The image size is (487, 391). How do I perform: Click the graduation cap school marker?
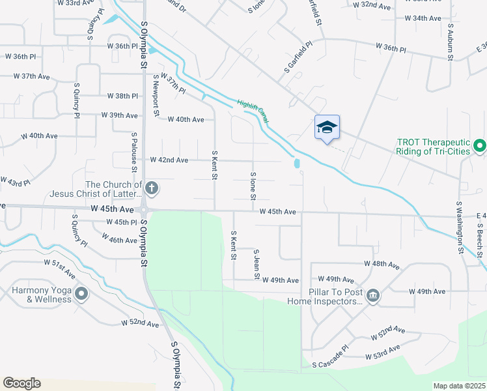pyautogui.click(x=327, y=126)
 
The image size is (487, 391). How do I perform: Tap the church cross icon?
pyautogui.click(x=151, y=189)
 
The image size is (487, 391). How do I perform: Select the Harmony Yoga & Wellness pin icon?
pyautogui.click(x=81, y=295)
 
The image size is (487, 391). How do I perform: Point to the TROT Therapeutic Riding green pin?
pyautogui.click(x=480, y=145)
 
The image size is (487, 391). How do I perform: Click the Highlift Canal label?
pyautogui.click(x=253, y=111)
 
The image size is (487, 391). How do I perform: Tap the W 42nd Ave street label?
pyautogui.click(x=169, y=160)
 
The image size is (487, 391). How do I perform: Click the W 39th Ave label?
pyautogui.click(x=120, y=115)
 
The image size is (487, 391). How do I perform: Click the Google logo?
pyautogui.click(x=22, y=383)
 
